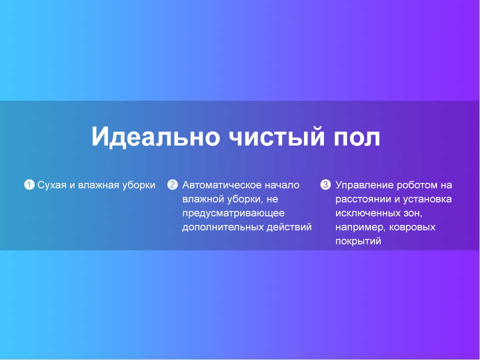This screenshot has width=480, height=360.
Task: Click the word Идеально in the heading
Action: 156,136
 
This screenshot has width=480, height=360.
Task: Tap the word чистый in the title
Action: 276,136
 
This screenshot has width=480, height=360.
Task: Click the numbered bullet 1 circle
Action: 29,184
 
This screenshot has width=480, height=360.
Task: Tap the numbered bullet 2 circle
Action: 172,184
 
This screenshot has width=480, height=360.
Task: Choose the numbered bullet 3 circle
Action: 325,184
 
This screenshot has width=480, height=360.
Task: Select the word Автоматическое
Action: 222,185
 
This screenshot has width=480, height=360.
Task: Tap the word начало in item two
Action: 282,185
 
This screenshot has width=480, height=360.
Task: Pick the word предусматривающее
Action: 233,213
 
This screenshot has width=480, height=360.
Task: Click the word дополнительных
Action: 223,228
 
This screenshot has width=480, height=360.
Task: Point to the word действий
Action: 289,227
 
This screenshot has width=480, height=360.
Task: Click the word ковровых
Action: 412,228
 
